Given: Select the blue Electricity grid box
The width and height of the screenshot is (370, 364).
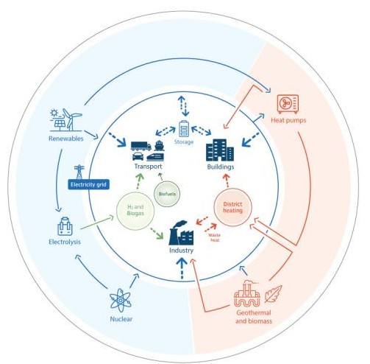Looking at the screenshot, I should (88, 184).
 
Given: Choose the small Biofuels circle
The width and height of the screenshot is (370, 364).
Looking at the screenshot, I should (167, 195).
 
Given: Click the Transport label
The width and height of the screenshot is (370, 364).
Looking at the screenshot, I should (148, 167).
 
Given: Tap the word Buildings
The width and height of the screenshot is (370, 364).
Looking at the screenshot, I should (221, 168).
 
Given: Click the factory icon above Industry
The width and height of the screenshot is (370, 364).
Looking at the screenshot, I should (182, 234).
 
